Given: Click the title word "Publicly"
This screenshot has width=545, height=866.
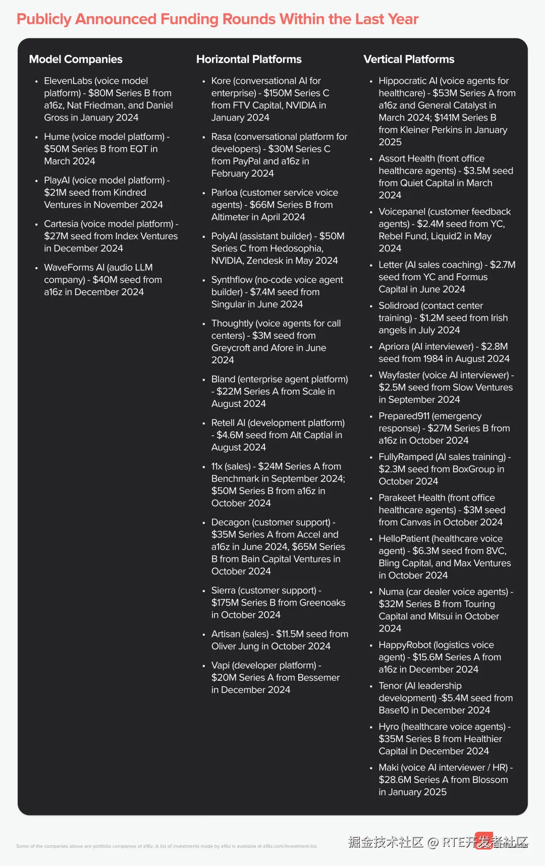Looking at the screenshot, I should pos(44,19).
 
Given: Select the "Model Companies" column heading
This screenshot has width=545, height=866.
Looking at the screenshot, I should pos(76,59).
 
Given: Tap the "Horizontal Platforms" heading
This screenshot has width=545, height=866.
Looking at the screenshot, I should pos(249,59).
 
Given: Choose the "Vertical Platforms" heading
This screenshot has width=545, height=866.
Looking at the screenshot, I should pos(409,59).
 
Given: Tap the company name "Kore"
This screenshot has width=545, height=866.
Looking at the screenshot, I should pos(221,81).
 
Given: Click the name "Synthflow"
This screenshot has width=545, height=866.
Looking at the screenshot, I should pos(232,280).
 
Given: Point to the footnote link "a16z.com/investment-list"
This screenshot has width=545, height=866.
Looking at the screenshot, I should pos(290,846).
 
